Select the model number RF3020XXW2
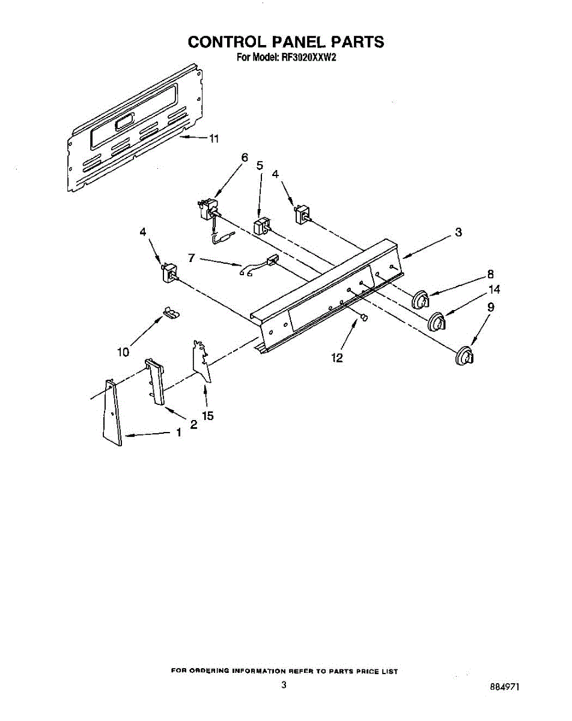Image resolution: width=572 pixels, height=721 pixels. click(306, 58)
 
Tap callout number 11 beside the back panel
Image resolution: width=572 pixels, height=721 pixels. click(213, 139)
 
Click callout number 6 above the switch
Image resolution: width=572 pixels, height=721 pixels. click(245, 157)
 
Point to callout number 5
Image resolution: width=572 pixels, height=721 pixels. click(260, 165)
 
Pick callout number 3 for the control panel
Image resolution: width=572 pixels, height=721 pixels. click(458, 232)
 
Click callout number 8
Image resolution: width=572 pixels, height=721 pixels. click(491, 274)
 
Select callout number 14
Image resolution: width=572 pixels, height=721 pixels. click(494, 290)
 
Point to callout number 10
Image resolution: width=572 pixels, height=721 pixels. click(123, 352)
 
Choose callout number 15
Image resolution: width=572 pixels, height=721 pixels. click(208, 415)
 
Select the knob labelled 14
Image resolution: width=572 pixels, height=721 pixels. click(439, 322)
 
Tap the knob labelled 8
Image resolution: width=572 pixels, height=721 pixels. click(422, 299)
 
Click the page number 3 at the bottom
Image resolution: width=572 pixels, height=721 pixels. click(284, 684)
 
